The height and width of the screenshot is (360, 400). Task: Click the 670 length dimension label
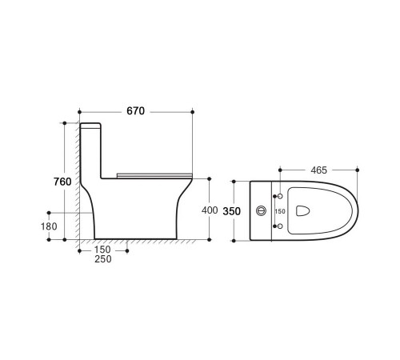[135, 111]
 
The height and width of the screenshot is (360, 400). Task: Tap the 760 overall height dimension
[62, 182]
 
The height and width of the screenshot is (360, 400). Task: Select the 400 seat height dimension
[210, 210]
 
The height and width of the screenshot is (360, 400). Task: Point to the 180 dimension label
[49, 226]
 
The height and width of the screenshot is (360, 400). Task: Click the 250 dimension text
[103, 259]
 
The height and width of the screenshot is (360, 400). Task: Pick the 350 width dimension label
[232, 211]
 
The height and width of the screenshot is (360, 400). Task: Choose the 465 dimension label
[318, 170]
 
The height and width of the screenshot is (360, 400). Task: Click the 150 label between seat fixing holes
[280, 211]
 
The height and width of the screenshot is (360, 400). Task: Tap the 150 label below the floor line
[102, 250]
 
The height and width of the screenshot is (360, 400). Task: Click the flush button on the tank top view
[262, 211]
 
